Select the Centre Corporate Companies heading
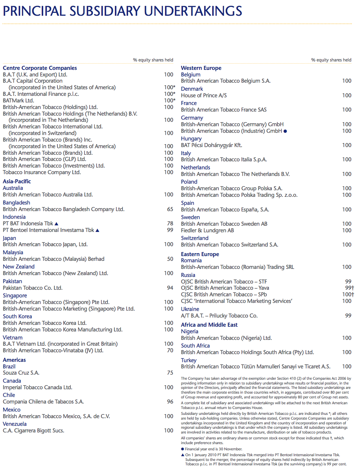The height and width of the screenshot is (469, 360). (40, 68)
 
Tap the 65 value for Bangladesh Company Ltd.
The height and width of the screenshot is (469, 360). (170, 209)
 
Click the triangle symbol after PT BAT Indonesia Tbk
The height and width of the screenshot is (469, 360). (56, 224)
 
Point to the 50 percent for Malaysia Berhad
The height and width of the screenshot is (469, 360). (170, 259)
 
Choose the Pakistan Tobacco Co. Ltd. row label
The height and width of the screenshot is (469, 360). (33, 288)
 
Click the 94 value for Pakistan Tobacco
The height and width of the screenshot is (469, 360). (170, 288)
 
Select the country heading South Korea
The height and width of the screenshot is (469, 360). (17, 316)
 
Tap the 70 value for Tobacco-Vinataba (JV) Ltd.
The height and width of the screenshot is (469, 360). (170, 350)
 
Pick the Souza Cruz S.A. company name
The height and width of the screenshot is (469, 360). (21, 373)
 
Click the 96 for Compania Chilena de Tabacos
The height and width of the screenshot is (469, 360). (170, 402)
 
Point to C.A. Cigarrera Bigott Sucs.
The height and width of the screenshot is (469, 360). (34, 431)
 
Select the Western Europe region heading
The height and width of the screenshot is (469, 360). (201, 68)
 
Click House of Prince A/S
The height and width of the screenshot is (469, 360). (204, 95)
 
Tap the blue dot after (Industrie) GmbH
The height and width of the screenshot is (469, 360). (285, 131)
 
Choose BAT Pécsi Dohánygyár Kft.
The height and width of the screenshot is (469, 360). (211, 145)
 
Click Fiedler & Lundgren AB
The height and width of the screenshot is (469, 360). (207, 230)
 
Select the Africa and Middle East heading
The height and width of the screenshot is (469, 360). (209, 325)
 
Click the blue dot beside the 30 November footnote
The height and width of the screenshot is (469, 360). (183, 449)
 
